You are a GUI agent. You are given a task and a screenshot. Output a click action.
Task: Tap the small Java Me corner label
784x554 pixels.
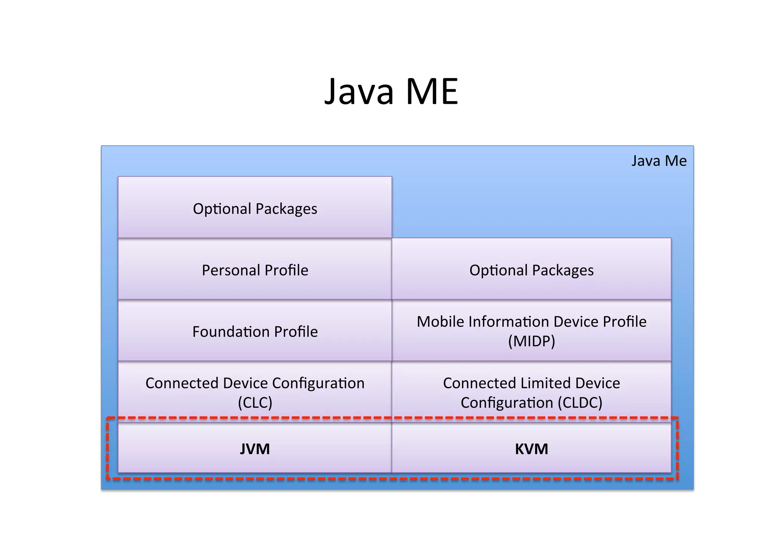click(x=658, y=161)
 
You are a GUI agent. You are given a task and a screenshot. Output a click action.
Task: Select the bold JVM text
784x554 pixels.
click(x=255, y=449)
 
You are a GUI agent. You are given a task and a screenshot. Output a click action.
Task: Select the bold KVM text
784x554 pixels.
click(x=531, y=449)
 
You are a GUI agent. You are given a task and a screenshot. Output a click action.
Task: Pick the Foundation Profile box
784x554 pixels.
click(x=255, y=331)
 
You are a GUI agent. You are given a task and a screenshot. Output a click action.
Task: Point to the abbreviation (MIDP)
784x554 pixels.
click(x=531, y=341)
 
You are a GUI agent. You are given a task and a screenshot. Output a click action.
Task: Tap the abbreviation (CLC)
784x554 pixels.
click(x=255, y=403)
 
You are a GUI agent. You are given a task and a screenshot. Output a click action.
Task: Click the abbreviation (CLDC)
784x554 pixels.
click(x=580, y=403)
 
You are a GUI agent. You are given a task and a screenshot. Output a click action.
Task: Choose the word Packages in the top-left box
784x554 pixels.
click(x=286, y=209)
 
